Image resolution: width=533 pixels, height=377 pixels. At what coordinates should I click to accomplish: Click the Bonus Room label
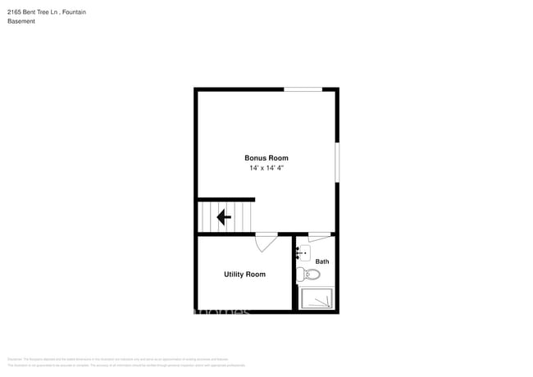click(x=266, y=158)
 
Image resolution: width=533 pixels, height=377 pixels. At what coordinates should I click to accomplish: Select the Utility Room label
click(x=244, y=274)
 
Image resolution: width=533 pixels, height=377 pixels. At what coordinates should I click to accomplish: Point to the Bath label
click(x=322, y=261)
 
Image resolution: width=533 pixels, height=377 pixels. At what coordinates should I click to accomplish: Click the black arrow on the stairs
click(x=222, y=217)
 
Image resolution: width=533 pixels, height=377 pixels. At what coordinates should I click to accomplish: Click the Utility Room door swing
click(x=266, y=241)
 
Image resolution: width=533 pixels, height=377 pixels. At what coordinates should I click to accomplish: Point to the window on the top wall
click(x=303, y=89)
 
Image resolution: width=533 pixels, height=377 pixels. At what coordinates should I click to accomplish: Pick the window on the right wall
click(x=337, y=162)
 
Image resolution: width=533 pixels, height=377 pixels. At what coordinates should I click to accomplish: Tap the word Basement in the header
click(x=20, y=21)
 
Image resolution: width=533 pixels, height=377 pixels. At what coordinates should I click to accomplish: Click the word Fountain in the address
click(x=74, y=12)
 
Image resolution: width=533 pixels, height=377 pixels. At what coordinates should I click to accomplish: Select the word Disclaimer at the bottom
click(x=14, y=359)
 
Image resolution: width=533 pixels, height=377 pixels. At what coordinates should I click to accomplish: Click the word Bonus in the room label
click(x=255, y=158)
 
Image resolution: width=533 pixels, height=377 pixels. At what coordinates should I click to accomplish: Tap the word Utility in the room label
click(x=234, y=274)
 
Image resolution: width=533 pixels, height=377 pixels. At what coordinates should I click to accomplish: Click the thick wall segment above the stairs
click(x=226, y=199)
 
